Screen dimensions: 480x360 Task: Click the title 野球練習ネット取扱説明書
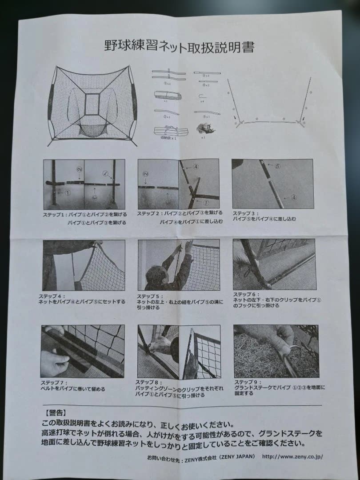[179, 46]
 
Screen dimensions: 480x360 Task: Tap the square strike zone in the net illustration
[92, 104]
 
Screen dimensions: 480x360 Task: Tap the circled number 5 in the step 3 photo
[277, 167]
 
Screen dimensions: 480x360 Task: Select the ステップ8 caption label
[149, 382]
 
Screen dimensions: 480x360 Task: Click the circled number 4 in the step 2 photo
[196, 167]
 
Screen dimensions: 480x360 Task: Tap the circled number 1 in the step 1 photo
[67, 193]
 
